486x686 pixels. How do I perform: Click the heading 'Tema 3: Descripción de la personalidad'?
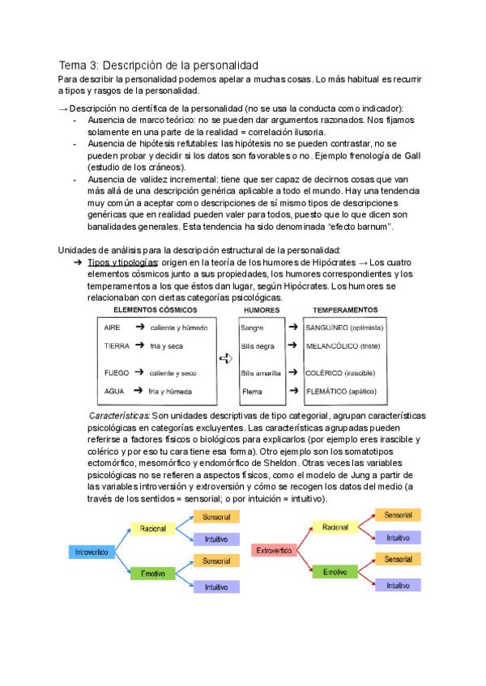coord(158,64)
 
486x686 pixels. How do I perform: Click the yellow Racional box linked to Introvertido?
coord(153,528)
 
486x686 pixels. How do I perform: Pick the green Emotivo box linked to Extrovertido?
coord(335,572)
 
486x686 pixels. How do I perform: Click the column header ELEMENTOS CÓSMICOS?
coord(156,311)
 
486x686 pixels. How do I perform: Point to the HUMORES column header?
coord(262,311)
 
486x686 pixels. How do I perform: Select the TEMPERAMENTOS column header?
coord(345,311)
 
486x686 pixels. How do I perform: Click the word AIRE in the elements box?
coord(113,327)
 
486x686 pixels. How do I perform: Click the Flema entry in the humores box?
coord(252,392)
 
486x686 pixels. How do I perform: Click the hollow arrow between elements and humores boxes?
coord(226,359)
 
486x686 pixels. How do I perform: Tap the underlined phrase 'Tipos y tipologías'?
coord(122,263)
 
